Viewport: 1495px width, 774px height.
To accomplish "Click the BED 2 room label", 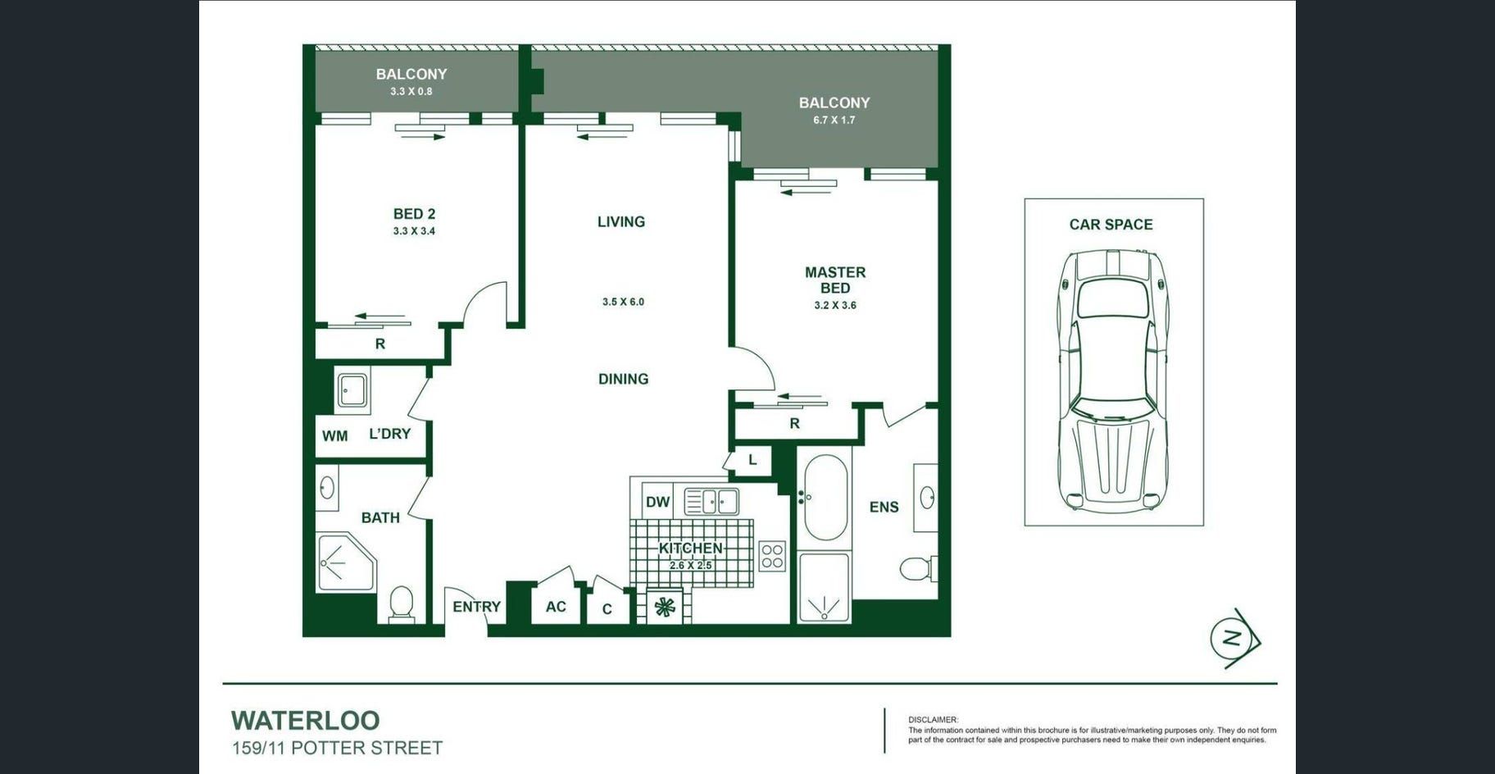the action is click(414, 214).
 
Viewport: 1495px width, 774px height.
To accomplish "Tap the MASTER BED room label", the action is click(835, 280).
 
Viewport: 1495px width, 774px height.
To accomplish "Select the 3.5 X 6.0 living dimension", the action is click(623, 302).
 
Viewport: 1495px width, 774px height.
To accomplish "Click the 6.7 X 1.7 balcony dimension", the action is click(834, 120).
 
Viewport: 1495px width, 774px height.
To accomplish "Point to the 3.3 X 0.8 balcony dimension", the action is click(411, 91).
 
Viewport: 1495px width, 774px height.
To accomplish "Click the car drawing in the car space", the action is click(1113, 381).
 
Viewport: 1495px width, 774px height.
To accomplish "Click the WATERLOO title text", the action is click(305, 721).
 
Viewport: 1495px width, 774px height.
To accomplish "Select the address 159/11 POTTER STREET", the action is click(337, 748).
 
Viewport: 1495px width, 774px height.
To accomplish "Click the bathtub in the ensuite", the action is click(825, 497).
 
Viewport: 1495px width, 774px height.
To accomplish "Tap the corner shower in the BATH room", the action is click(345, 562).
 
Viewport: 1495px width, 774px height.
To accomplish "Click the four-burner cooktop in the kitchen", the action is click(772, 556).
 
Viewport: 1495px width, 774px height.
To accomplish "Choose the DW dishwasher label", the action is click(657, 502).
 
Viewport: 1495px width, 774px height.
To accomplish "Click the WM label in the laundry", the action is click(334, 436).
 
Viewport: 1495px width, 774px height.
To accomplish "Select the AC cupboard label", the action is click(556, 607).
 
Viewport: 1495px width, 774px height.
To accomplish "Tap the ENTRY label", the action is click(476, 607).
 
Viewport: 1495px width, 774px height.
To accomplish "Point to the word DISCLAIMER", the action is click(933, 720).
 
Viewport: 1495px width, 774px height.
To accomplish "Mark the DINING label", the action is click(623, 379).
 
